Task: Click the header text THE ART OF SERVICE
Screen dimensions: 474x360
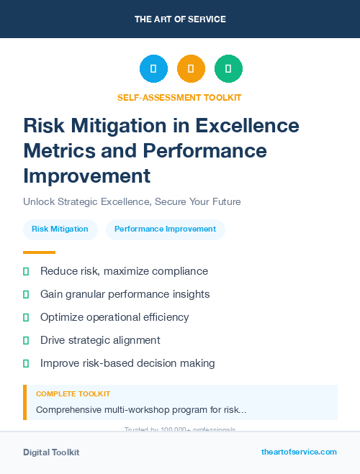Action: coord(180,19)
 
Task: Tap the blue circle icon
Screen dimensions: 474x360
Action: coord(153,69)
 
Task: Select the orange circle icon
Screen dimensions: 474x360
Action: coord(191,69)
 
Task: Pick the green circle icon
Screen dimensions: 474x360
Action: coord(228,69)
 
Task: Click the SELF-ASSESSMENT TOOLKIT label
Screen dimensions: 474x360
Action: coord(180,97)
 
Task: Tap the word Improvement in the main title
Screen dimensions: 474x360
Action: coord(86,176)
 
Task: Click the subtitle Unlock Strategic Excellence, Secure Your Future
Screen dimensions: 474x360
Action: coord(132,202)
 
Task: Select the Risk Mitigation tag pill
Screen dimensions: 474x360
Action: coord(60,229)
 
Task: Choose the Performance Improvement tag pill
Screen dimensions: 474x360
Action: coord(165,229)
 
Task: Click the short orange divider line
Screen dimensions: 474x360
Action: coord(39,252)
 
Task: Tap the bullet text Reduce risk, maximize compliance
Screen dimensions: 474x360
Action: coord(124,271)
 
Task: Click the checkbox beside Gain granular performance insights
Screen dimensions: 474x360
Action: coord(26,294)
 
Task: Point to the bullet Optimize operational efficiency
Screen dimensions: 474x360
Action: coord(114,317)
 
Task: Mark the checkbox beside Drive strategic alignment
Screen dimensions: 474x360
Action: coord(26,340)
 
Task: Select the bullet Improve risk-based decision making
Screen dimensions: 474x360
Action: coord(127,363)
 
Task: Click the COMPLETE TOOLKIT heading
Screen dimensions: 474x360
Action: coord(73,394)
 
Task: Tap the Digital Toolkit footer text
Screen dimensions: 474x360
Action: coord(51,452)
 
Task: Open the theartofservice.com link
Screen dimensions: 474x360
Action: coord(299,452)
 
